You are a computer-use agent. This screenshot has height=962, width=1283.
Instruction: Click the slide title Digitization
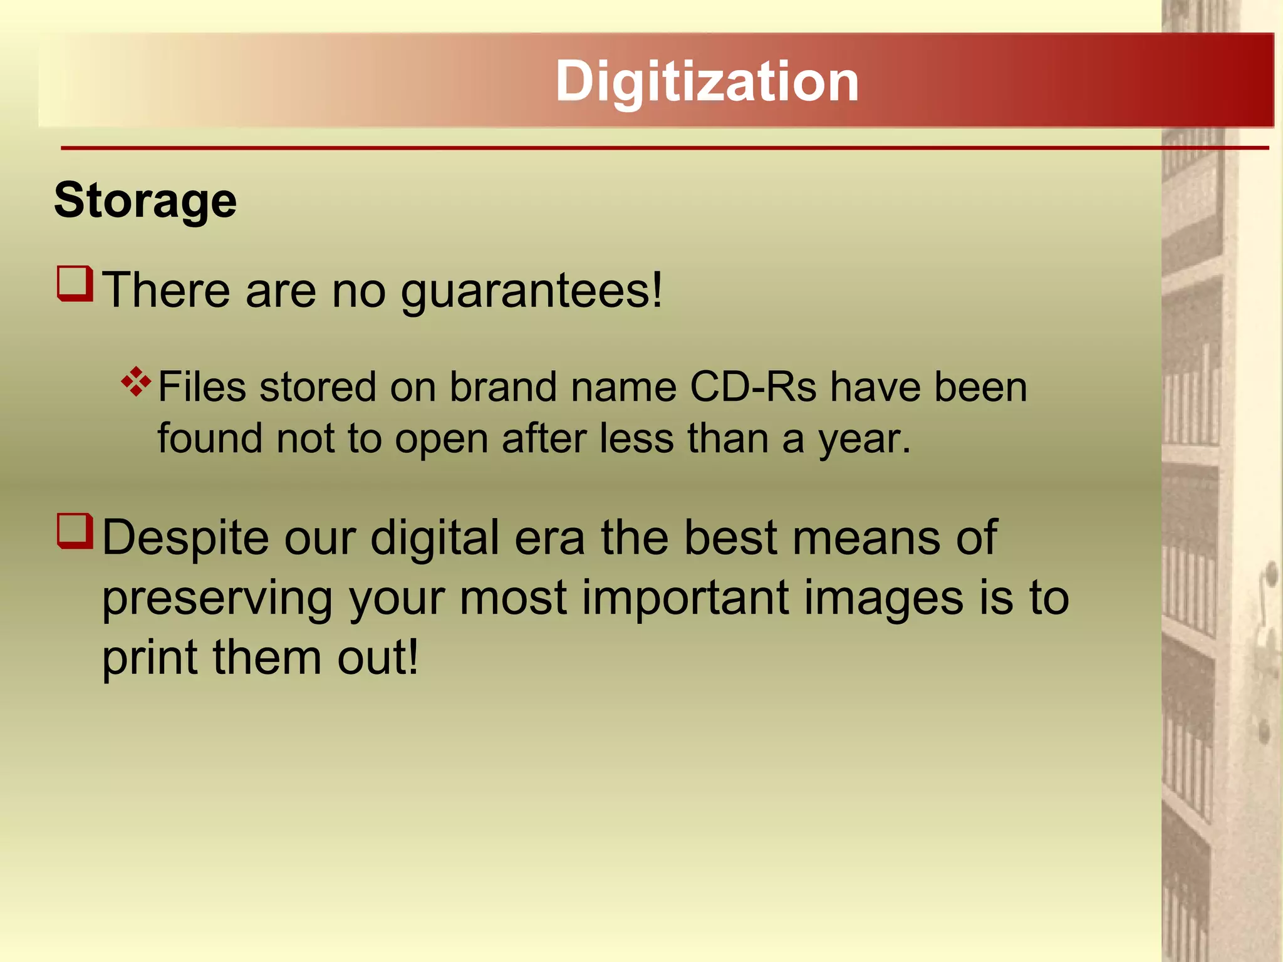pos(707,81)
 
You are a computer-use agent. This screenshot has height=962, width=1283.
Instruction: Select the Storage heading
pos(145,200)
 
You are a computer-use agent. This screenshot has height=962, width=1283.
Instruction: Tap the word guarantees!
pos(531,292)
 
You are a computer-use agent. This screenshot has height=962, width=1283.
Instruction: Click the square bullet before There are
pos(75,284)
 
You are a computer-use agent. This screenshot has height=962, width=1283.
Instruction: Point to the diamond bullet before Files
pos(136,381)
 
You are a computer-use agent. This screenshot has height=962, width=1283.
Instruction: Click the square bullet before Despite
pos(75,530)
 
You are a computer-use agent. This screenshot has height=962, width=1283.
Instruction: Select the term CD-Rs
pos(753,387)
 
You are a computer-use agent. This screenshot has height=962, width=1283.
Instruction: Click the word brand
pos(502,387)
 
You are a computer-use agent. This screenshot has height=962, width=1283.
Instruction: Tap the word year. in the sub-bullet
pos(865,440)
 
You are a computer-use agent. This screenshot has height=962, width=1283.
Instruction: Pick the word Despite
pos(185,539)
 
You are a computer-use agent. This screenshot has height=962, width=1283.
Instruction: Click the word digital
pos(435,539)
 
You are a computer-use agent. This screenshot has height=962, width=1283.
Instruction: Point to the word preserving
pos(217,599)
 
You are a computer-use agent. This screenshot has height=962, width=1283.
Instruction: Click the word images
pos(883,599)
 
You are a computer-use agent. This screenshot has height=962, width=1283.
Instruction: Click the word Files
pos(202,387)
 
